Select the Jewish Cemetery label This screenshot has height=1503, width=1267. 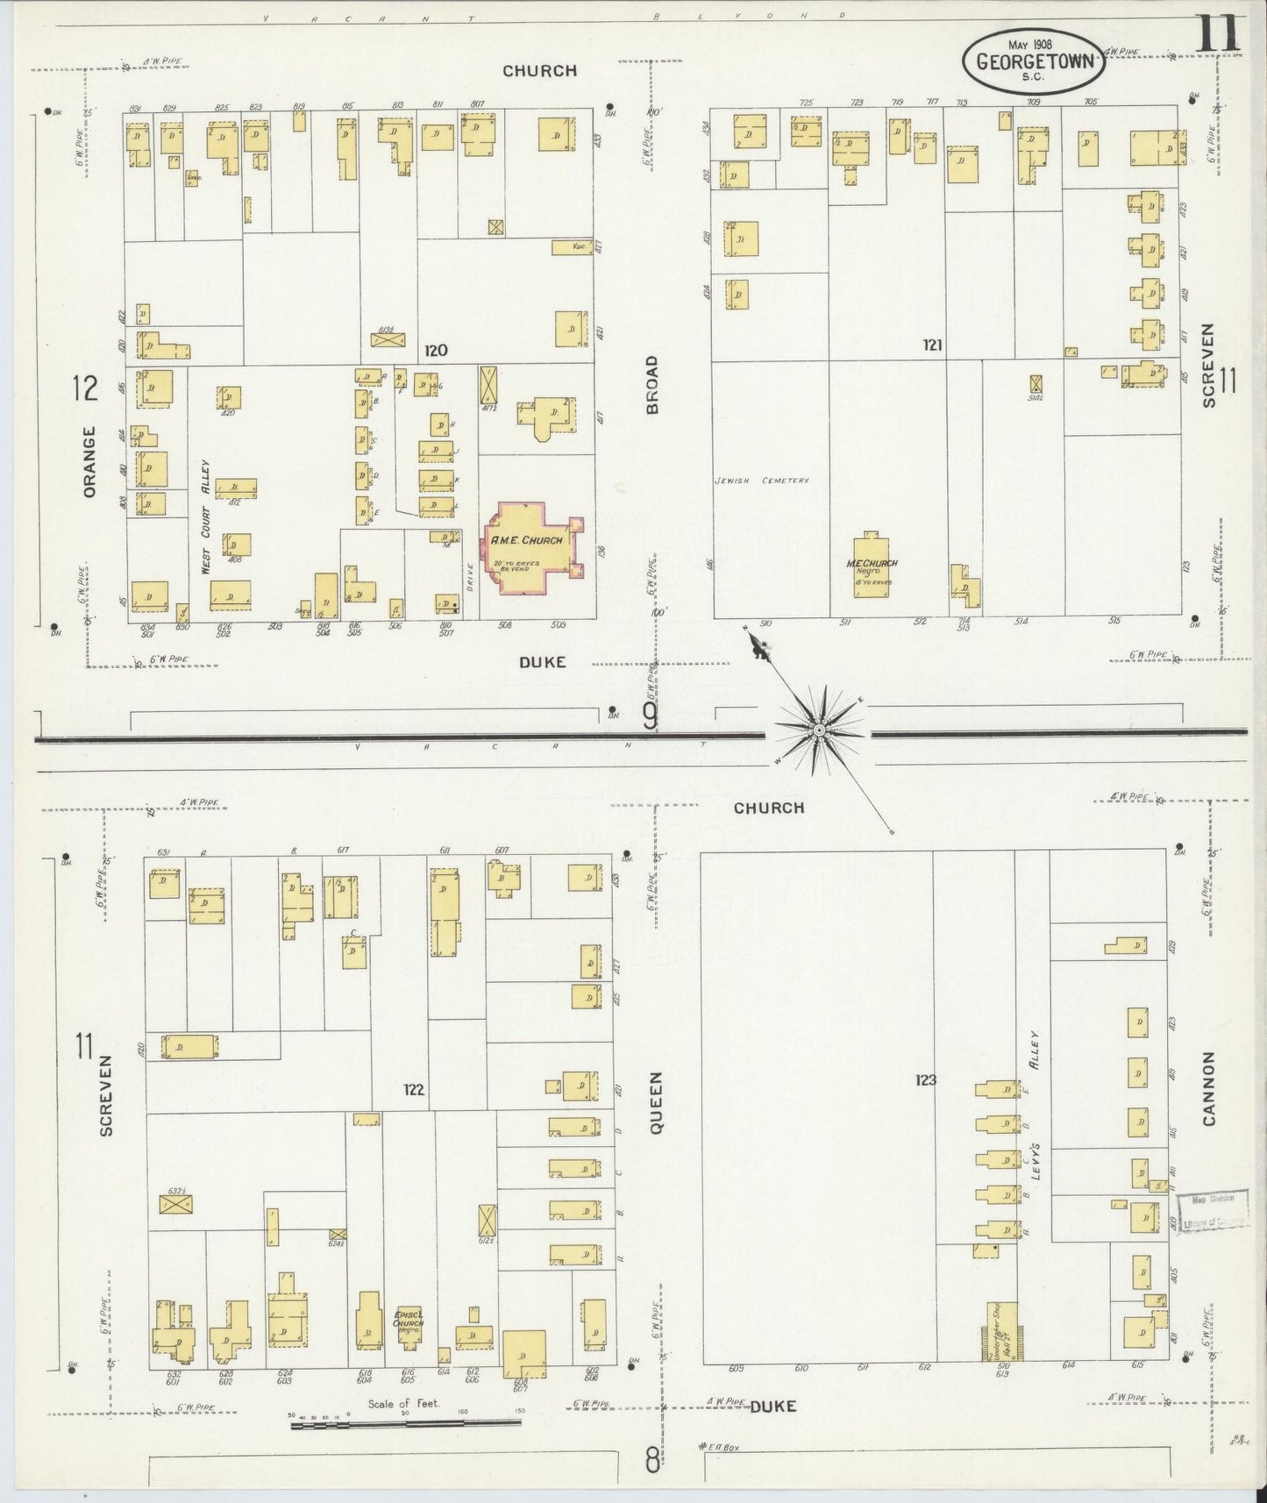click(760, 481)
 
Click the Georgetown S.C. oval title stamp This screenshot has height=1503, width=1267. click(1030, 61)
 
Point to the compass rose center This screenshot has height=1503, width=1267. click(818, 730)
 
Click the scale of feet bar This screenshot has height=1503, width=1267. click(405, 1425)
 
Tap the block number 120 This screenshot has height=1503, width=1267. click(436, 351)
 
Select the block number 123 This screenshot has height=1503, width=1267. click(925, 1080)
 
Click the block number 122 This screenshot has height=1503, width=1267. click(414, 1090)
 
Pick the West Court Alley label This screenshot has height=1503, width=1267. click(207, 517)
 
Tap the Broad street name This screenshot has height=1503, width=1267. click(651, 384)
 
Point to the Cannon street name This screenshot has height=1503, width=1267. click(1209, 1088)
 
